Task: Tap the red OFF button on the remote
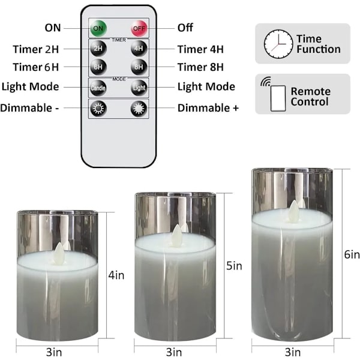pos(139,28)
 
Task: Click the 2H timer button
pos(98,49)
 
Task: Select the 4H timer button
pos(139,49)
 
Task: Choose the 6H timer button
pos(98,67)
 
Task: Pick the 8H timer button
pos(139,67)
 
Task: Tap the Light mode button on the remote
pos(139,88)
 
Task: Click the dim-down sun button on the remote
pos(98,109)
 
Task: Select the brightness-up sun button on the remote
pos(139,109)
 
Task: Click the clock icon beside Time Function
pos(278,44)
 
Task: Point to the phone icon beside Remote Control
pos(278,98)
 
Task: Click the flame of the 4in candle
pos(59,254)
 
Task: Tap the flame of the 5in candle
pos(176,236)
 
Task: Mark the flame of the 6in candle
pos(294,211)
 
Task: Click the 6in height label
pos(352,254)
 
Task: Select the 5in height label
pos(234,266)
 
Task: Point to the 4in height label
pos(116,275)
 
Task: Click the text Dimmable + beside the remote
pos(208,108)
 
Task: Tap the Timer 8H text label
pos(200,67)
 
